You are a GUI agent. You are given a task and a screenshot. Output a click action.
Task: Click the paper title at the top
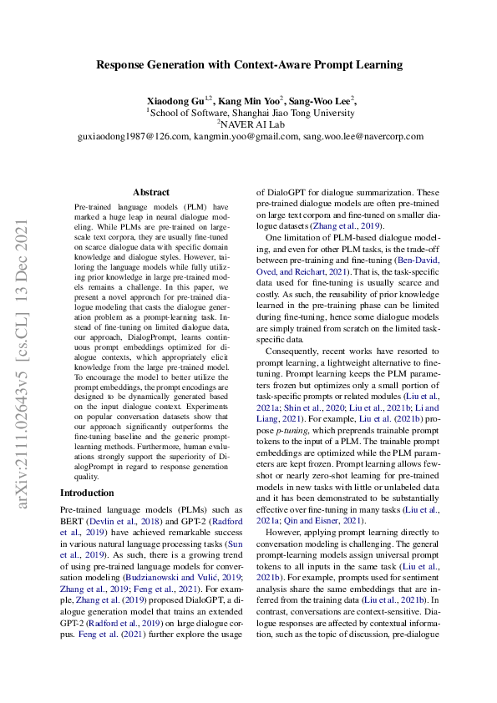pos(249,64)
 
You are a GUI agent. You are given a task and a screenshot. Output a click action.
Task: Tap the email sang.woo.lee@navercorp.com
pos(361,136)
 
